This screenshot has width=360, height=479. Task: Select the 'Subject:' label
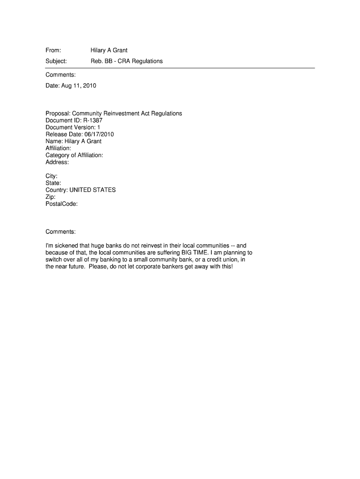[56, 61]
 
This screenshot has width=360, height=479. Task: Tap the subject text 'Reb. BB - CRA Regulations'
[127, 61]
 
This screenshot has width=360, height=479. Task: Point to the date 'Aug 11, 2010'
[78, 86]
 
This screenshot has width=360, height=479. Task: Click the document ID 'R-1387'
[93, 120]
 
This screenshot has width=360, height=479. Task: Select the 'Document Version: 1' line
[72, 127]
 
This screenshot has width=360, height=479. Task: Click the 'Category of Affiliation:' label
[74, 155]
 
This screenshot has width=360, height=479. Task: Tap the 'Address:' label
[57, 162]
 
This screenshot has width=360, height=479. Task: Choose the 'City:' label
[51, 176]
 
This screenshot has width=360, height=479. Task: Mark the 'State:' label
[53, 183]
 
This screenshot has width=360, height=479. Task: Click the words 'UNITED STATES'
[93, 190]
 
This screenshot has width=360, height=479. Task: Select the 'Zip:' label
[50, 197]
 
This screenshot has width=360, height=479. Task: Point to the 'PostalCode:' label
[61, 204]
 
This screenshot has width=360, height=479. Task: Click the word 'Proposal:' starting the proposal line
[58, 113]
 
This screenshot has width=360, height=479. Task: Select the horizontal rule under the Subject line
[180, 68]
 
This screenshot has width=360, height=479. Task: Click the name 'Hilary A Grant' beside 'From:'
[109, 50]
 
